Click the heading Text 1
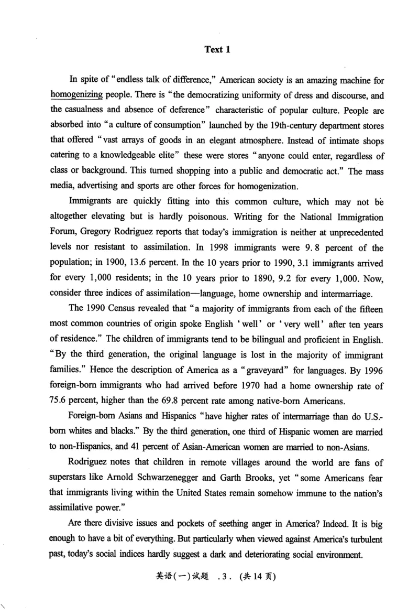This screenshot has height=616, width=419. tap(217, 50)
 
